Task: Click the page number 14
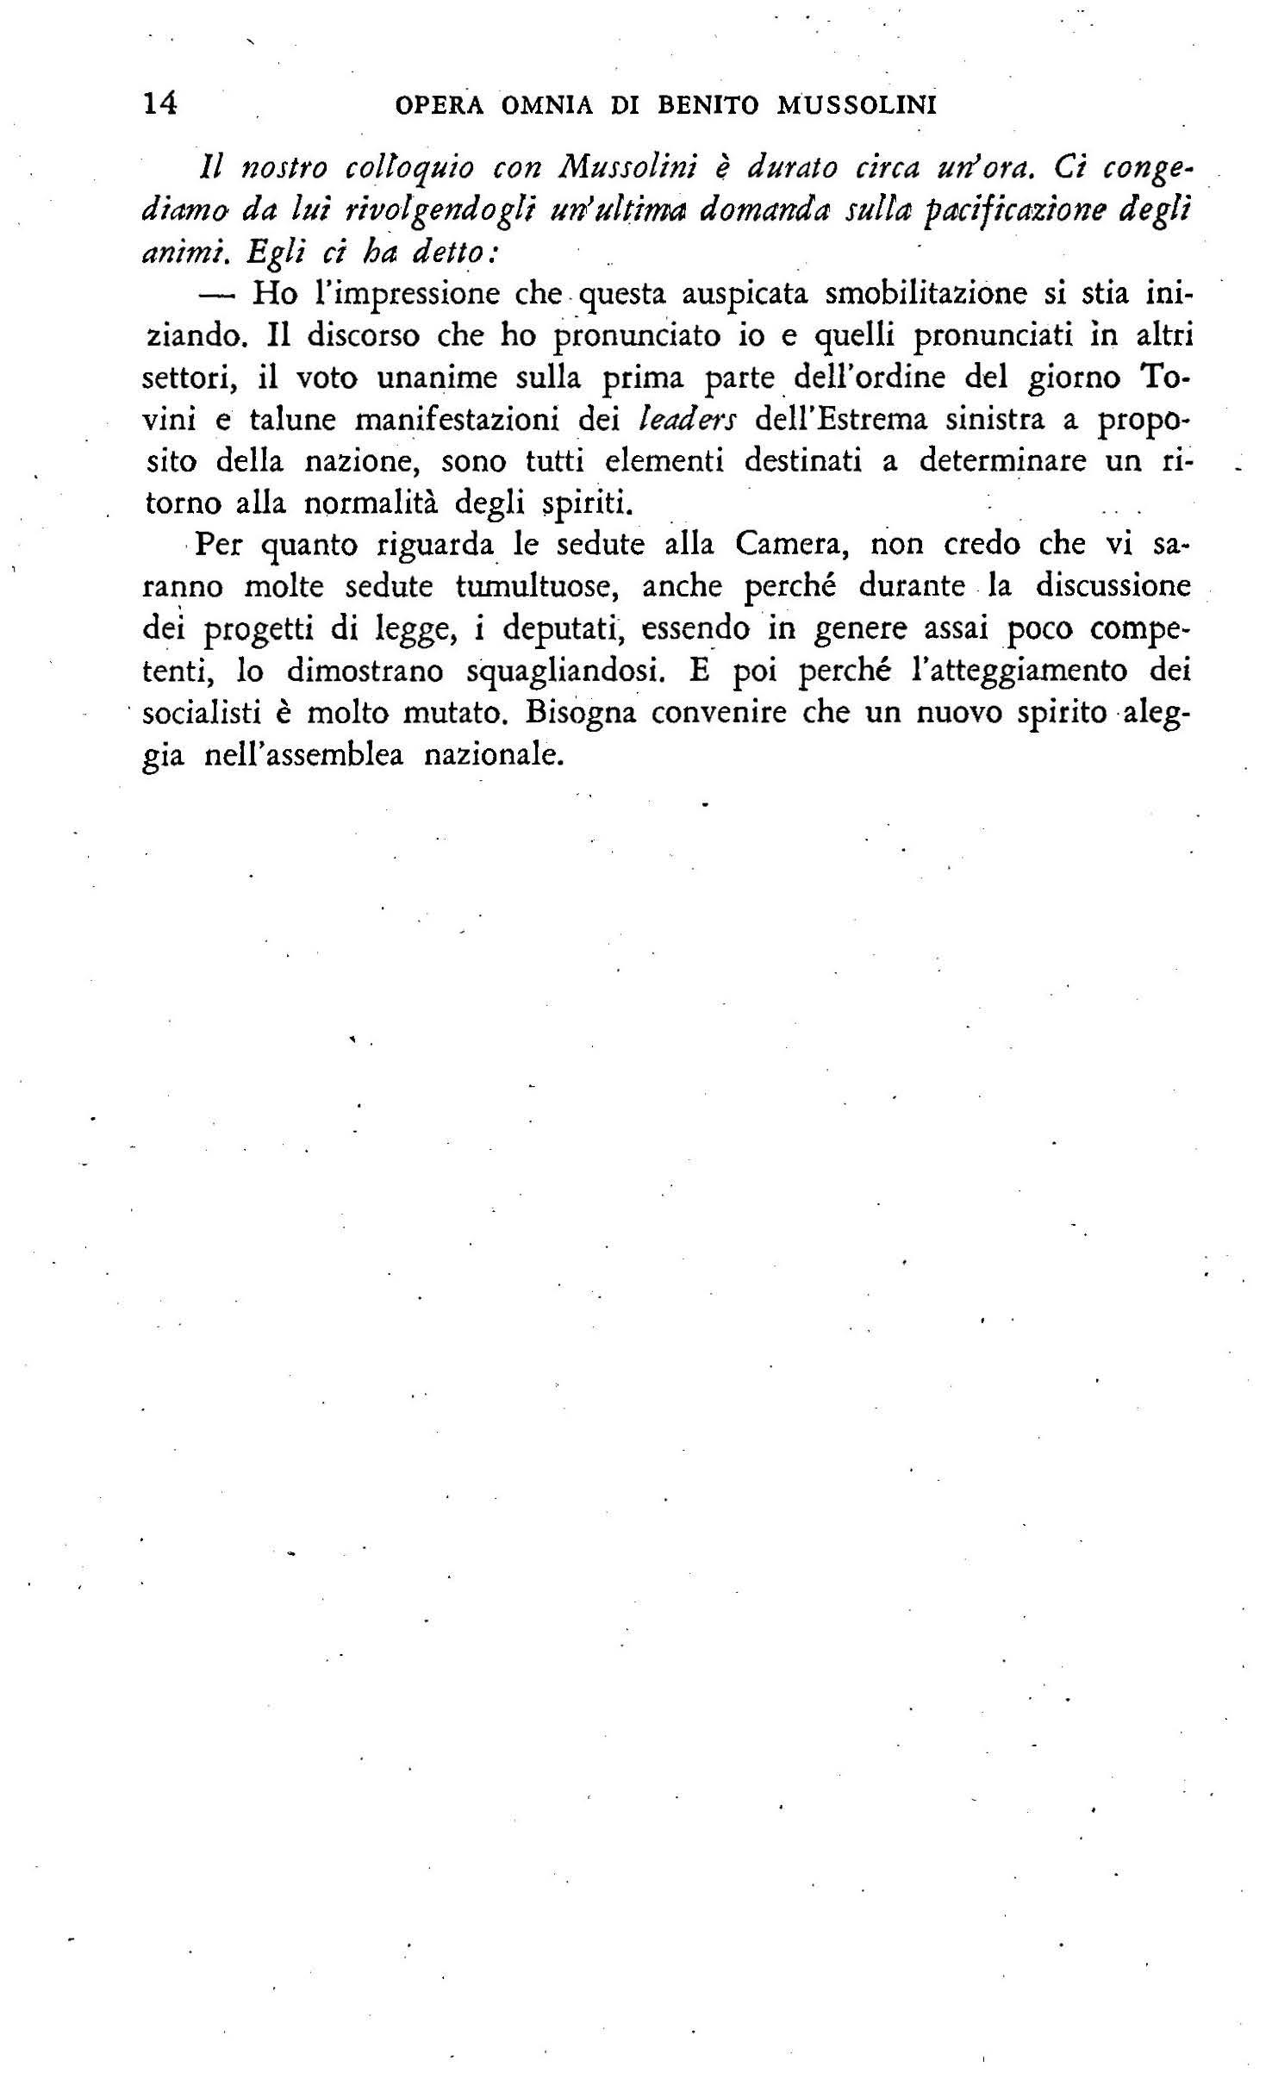point(160,104)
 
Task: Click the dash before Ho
point(217,295)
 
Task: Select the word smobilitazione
point(926,294)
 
